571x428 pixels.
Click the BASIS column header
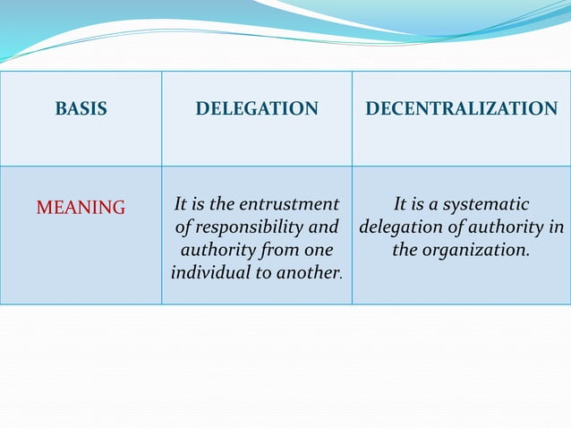[x=81, y=109]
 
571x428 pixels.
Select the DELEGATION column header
[x=257, y=109]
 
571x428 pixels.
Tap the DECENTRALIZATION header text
[x=461, y=109]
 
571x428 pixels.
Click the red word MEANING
[x=81, y=208]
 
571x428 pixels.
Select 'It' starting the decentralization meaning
[x=403, y=205]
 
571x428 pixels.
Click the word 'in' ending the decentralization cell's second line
[x=555, y=228]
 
